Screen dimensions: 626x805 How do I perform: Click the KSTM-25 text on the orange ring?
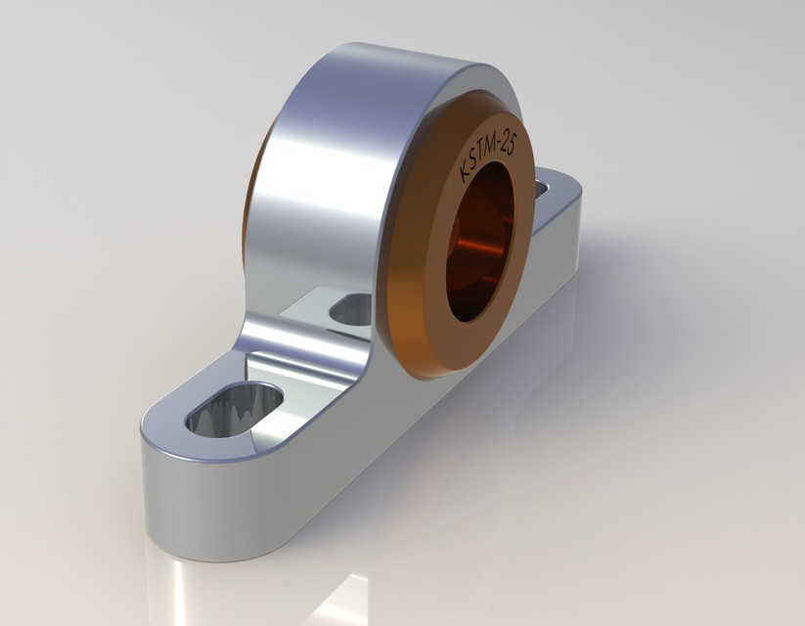click(x=489, y=156)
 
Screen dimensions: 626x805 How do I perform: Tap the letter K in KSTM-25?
click(x=466, y=177)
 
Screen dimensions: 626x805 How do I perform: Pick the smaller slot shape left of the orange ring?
click(x=352, y=310)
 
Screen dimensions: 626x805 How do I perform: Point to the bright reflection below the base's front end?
click(x=186, y=587)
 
